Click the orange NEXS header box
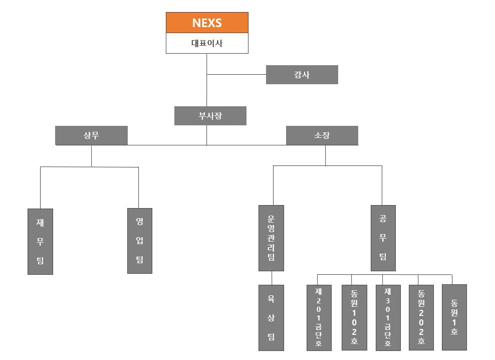207,23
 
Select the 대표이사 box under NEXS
207,43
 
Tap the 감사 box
302,75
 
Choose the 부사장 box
210,116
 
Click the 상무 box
91,135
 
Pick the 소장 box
322,135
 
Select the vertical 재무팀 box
40,241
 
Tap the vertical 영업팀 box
139,241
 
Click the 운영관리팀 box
271,238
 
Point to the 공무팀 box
383,238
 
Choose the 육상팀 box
271,318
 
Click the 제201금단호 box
319,317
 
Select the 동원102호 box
354,317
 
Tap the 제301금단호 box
388,317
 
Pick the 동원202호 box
421,317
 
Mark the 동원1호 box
454,317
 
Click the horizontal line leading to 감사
236,75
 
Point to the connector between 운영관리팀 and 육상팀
272,278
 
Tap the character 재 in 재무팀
40,222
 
